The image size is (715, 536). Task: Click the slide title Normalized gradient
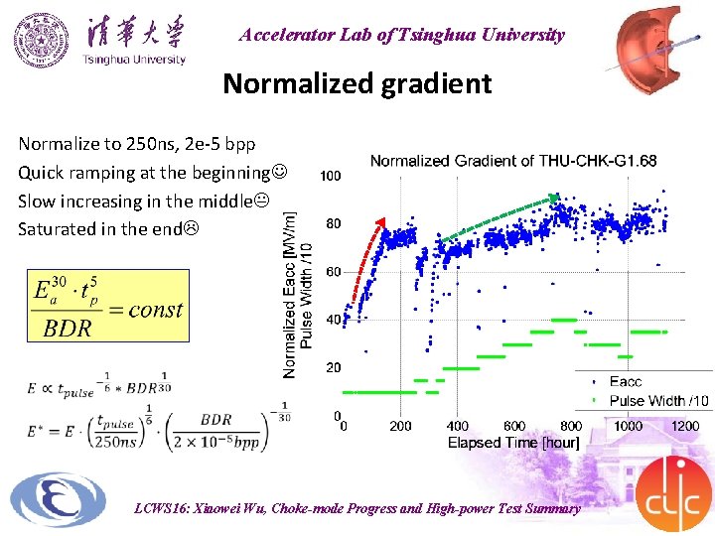(357, 83)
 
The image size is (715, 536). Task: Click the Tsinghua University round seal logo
(42, 40)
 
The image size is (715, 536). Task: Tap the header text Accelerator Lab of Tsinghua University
(401, 35)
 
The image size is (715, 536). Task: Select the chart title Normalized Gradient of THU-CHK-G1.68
(512, 161)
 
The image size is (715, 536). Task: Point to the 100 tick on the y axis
(330, 176)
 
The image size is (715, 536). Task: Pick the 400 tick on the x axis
(457, 427)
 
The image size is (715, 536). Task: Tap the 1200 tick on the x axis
(685, 427)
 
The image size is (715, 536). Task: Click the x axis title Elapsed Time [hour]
(513, 443)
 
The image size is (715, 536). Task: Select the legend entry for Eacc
(625, 381)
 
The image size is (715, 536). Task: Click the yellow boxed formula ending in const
(107, 307)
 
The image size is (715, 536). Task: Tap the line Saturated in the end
(106, 228)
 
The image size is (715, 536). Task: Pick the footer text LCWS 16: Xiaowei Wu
(357, 508)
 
